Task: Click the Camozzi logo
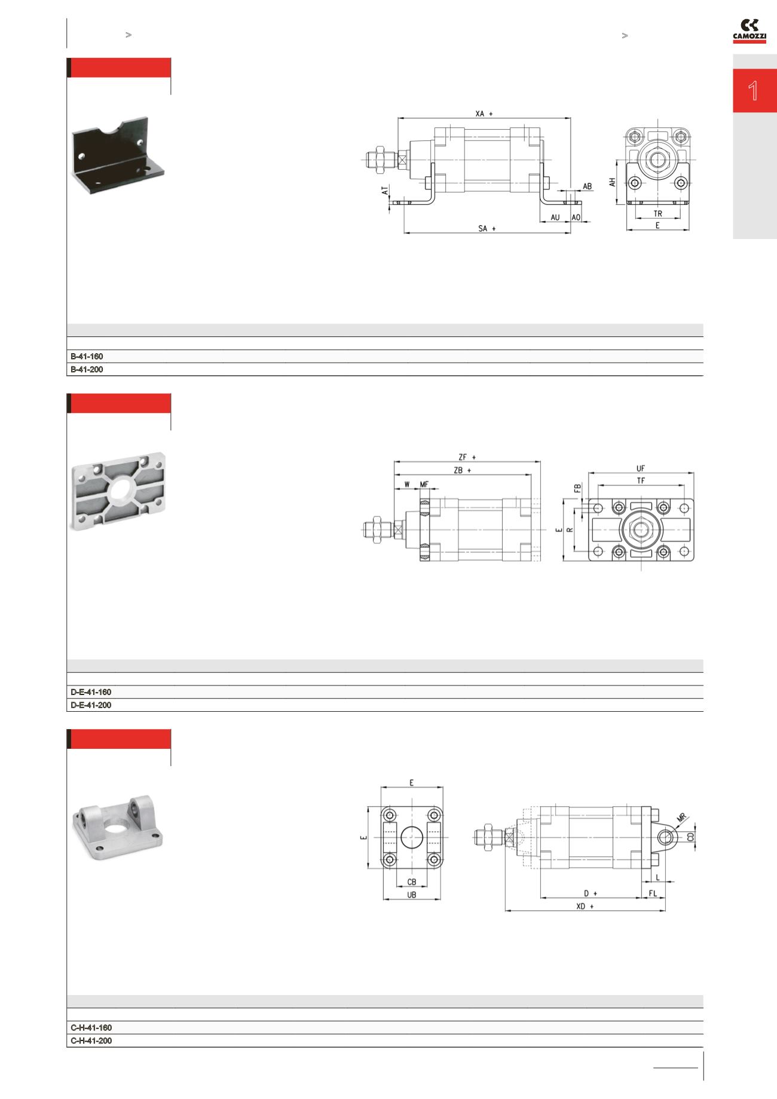pos(750,30)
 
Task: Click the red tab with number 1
pos(754,91)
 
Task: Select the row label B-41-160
pos(87,357)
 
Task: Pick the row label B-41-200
pos(87,370)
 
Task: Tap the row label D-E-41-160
pos(91,692)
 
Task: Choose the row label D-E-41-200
pos(91,705)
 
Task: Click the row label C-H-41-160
pos(91,1028)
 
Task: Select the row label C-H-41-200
pos(91,1041)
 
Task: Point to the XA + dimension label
pos(484,114)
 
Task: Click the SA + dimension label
pos(487,228)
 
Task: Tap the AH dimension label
pos(613,182)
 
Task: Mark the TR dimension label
pos(657,213)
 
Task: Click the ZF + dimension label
pos(467,457)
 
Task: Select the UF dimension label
pos(641,469)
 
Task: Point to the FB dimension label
pos(578,488)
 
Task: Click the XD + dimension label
pos(585,906)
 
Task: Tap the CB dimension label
pos(411,882)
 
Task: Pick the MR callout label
pos(681,817)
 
